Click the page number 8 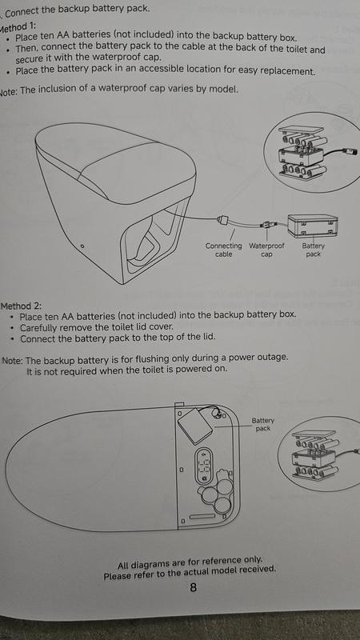(x=194, y=587)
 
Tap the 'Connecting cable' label (x=224, y=250)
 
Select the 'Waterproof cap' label (x=266, y=250)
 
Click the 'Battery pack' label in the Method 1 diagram (x=313, y=250)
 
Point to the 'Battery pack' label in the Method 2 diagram (x=263, y=425)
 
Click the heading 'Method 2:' (x=22, y=306)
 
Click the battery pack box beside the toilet (x=313, y=226)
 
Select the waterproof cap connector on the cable (x=267, y=224)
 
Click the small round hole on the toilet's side (x=82, y=246)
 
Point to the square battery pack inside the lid (x=196, y=426)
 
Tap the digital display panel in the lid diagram (x=204, y=466)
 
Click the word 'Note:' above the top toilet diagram (x=9, y=90)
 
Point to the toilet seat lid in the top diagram (x=115, y=162)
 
